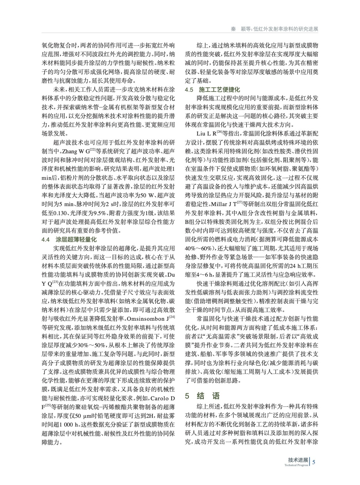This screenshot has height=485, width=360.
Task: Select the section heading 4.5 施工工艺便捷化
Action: [x=213, y=90]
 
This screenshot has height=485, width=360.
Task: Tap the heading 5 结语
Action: [x=202, y=396]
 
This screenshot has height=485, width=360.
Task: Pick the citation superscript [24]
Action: [x=172, y=317]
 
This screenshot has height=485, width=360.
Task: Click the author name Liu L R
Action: [x=206, y=133]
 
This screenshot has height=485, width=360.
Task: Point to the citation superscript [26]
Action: [x=220, y=132]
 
